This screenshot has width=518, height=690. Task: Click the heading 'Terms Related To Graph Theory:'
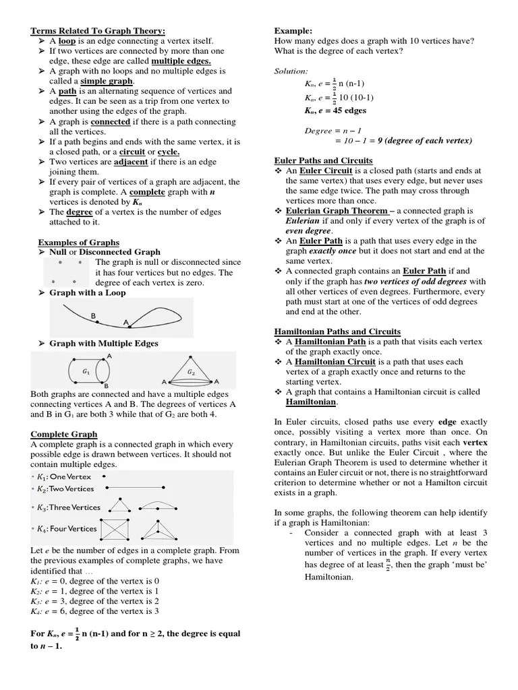click(x=98, y=31)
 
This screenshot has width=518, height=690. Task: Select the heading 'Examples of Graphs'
click(x=78, y=242)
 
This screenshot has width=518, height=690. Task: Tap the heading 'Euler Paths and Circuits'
click(x=323, y=160)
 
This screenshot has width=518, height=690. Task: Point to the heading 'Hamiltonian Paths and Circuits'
click(x=337, y=332)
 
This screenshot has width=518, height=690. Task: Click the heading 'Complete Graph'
click(x=64, y=434)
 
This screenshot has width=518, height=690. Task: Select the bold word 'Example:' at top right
click(x=293, y=31)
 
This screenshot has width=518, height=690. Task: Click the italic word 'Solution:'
click(x=291, y=71)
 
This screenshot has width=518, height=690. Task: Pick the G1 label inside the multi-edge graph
click(x=86, y=371)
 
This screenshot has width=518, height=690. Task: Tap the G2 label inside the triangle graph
click(x=191, y=372)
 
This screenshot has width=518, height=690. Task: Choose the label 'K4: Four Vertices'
click(x=67, y=528)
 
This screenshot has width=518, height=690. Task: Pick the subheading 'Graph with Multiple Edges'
click(x=104, y=343)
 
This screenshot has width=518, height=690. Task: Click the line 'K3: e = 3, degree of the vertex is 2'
click(x=95, y=600)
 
